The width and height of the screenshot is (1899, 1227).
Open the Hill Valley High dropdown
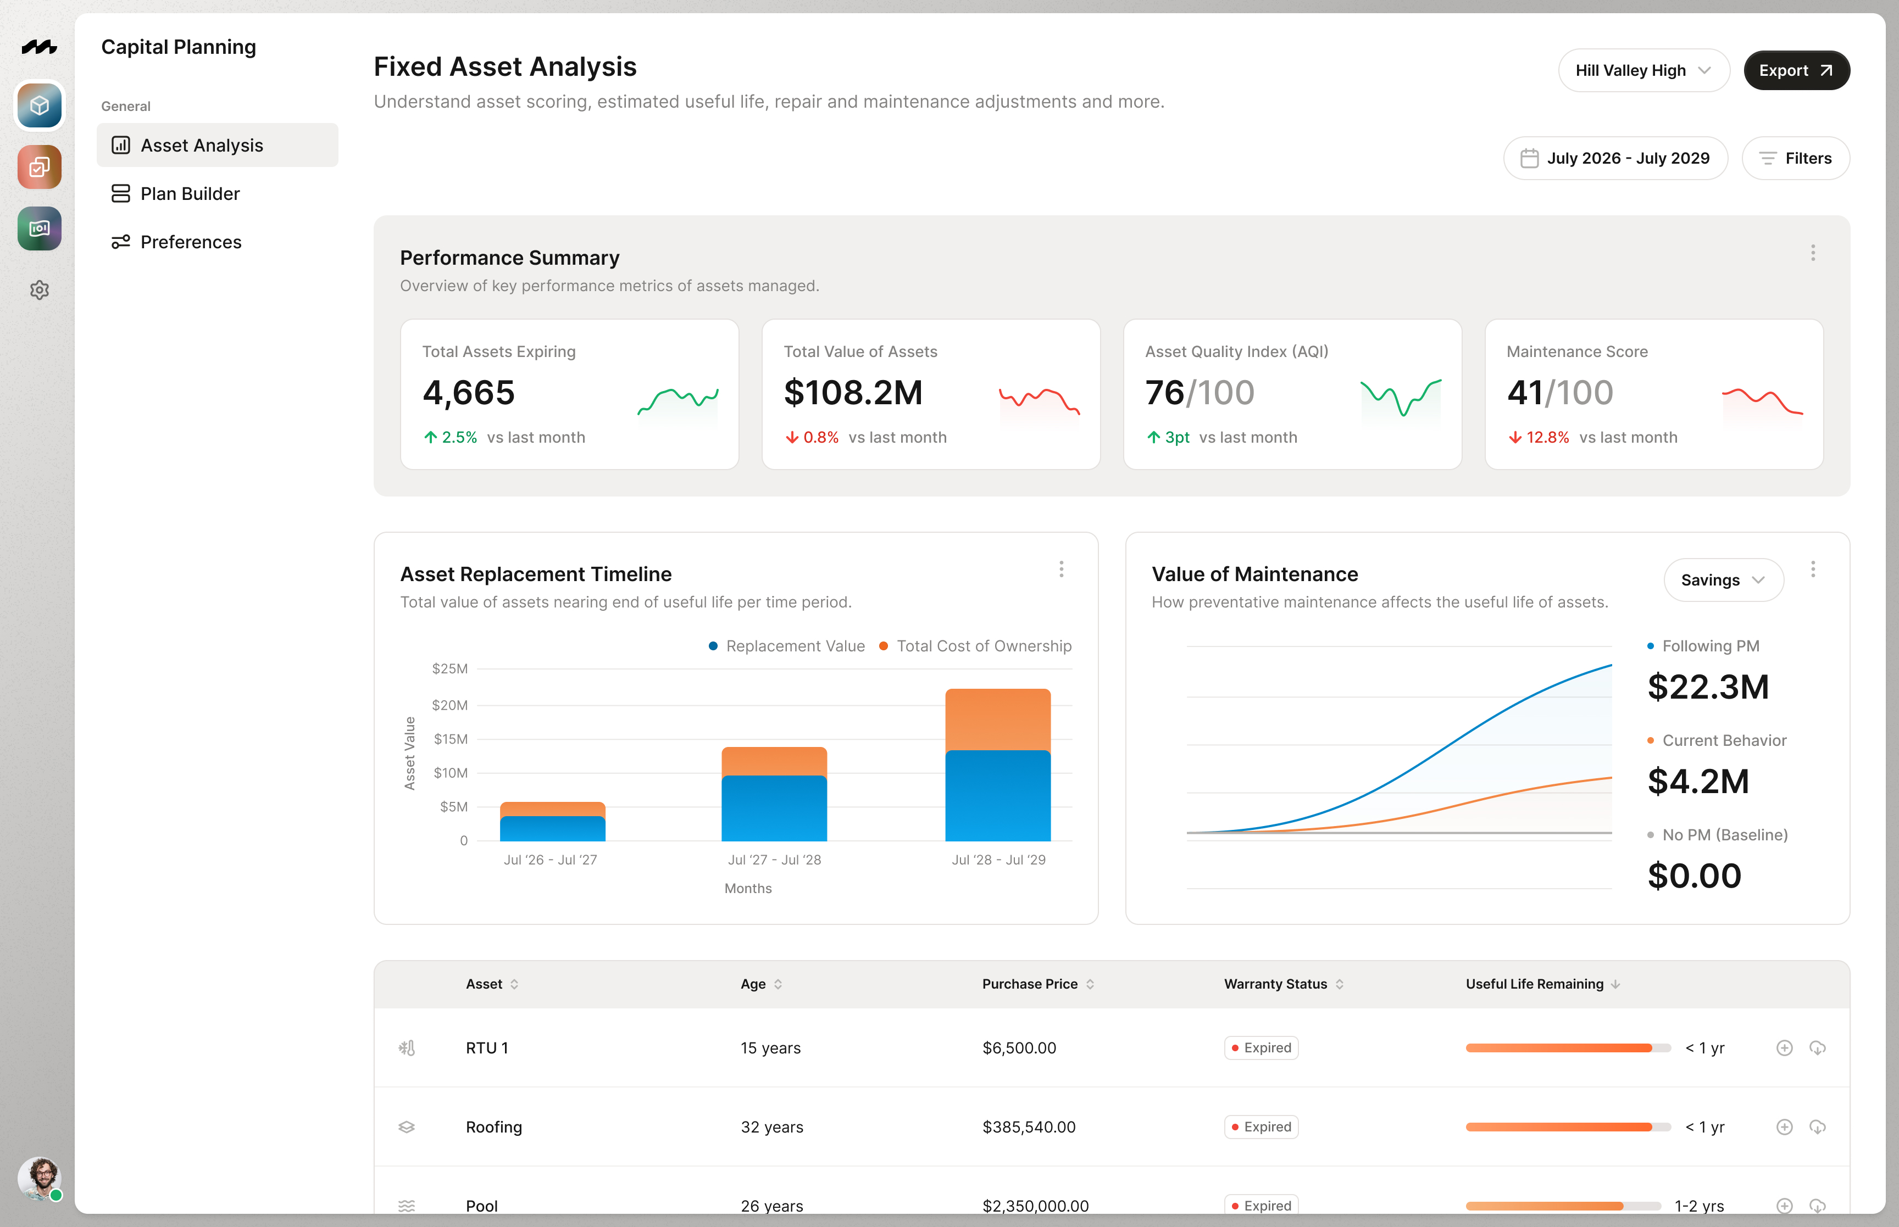(x=1642, y=70)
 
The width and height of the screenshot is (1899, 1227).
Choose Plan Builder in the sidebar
(x=190, y=194)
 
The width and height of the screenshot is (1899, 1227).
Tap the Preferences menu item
(x=191, y=242)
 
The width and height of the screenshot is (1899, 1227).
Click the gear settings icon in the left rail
(x=39, y=290)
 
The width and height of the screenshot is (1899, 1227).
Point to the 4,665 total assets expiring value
(x=469, y=393)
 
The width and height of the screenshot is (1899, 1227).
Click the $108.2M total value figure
(x=853, y=393)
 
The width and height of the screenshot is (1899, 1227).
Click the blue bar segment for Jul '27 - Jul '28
(x=774, y=808)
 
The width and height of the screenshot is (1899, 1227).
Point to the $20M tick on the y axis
(x=449, y=705)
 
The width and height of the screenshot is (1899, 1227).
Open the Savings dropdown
(x=1722, y=580)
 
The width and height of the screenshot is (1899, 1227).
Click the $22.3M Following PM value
(x=1708, y=687)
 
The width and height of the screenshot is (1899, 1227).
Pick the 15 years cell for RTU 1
(x=770, y=1048)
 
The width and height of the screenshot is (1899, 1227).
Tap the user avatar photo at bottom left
(x=39, y=1178)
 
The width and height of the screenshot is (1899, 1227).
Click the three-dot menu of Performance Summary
(x=1812, y=253)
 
